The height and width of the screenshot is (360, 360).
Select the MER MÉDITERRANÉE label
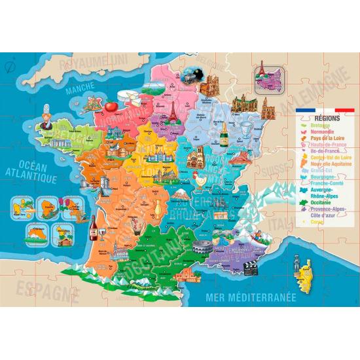(x=251, y=297)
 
